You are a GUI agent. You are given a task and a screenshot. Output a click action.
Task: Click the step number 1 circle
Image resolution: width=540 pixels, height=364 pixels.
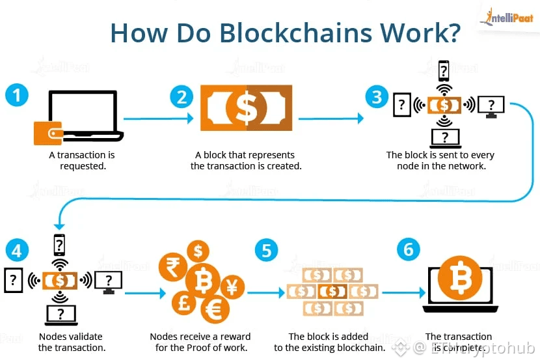coord(17,96)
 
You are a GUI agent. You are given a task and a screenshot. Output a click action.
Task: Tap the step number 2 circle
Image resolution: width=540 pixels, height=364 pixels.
coord(182,97)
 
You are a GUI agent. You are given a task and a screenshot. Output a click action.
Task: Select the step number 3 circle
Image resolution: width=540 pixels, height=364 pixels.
coord(377,97)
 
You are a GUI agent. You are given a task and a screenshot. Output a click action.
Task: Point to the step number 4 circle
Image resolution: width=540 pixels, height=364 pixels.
coord(17,250)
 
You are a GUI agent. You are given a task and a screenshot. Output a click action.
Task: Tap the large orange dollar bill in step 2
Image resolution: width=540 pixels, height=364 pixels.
coord(246,108)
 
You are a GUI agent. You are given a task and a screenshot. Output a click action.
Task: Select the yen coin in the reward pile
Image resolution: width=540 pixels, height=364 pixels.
coord(232,285)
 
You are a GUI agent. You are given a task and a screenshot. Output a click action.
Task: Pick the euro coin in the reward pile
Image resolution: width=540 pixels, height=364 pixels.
coord(213,310)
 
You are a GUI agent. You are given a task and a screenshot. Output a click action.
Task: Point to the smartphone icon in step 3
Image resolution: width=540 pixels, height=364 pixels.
coord(444,69)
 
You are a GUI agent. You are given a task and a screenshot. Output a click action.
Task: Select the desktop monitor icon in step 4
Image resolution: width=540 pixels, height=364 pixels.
coord(109,281)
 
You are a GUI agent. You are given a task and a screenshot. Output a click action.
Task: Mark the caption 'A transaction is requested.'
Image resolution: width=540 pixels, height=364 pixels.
coord(82,160)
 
